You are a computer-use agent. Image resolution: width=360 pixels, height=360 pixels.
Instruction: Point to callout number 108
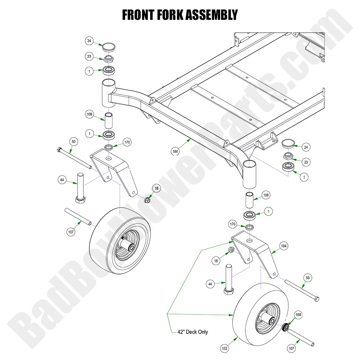pos(298,315)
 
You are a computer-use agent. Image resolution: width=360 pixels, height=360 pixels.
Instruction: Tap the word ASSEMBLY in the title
pos(215,15)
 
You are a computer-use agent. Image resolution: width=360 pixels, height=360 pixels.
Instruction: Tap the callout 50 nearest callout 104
pos(308,278)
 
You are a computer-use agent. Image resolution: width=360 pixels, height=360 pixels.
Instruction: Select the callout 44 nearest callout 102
pos(210,284)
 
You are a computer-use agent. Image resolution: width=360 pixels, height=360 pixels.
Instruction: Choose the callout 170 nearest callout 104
pos(232,224)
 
